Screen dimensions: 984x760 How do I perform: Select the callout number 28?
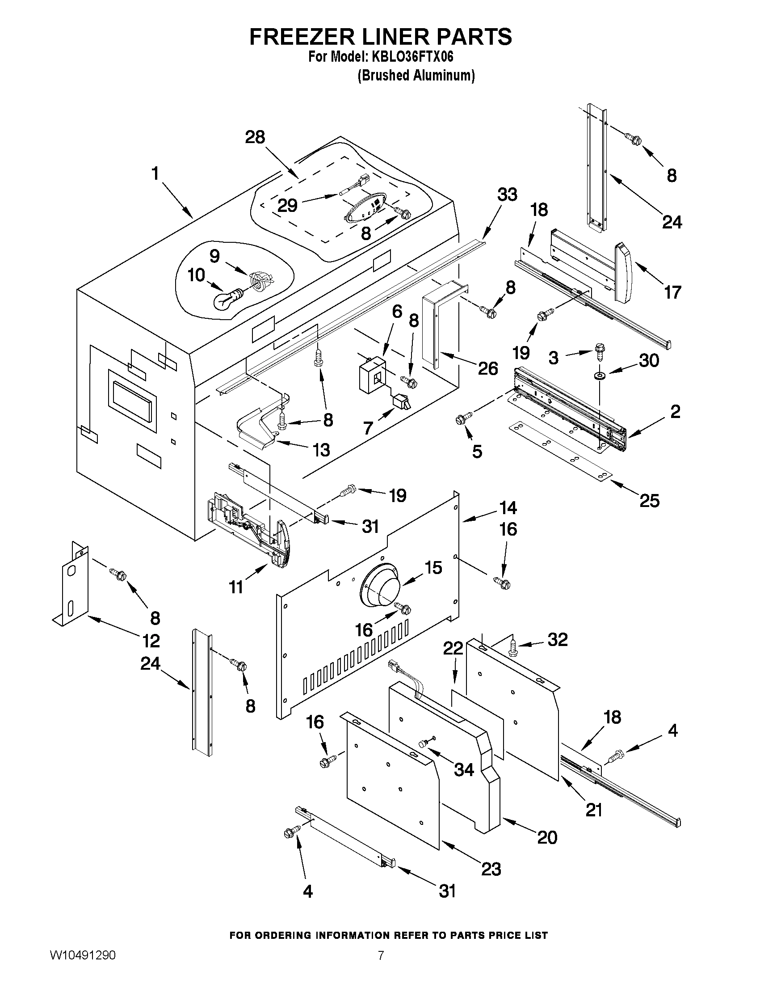(255, 137)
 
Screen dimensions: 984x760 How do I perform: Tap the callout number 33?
(508, 194)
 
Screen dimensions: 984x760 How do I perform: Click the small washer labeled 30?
(599, 375)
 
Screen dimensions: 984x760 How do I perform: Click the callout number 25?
(649, 501)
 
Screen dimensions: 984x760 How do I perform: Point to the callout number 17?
(673, 292)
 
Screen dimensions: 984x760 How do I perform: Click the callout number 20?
(547, 837)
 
